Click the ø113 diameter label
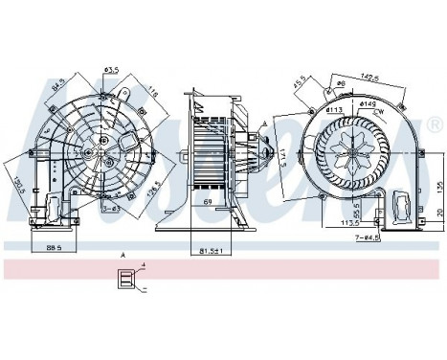pos(335,113)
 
